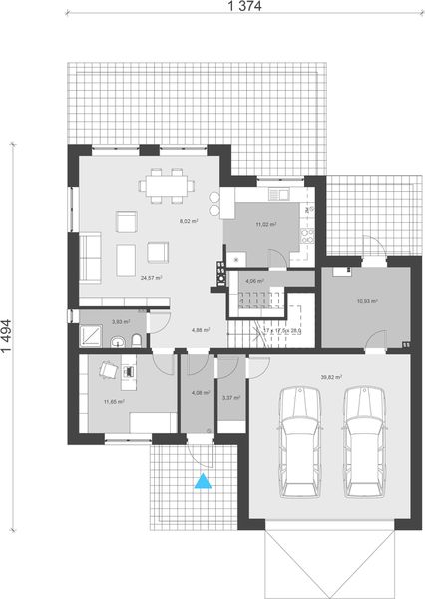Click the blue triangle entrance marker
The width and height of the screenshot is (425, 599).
click(204, 482)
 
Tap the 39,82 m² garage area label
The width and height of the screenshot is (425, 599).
click(331, 378)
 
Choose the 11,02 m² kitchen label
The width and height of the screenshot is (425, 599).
click(265, 225)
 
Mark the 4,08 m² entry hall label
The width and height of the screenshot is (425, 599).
click(198, 393)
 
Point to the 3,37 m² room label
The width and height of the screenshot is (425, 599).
click(230, 398)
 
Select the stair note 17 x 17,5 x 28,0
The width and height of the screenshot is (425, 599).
click(280, 330)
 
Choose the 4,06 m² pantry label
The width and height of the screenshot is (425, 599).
click(253, 282)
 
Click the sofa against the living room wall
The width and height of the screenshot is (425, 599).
click(89, 256)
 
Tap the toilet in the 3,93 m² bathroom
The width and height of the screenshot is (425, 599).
click(134, 341)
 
